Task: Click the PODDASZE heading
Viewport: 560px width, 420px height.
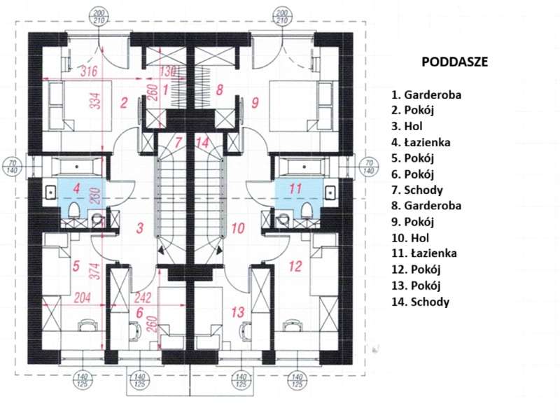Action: pyautogui.click(x=454, y=62)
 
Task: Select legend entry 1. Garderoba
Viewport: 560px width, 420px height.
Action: pyautogui.click(x=426, y=93)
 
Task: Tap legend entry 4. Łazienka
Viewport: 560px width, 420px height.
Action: pyautogui.click(x=421, y=142)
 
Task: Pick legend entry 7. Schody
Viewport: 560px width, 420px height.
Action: pyautogui.click(x=417, y=190)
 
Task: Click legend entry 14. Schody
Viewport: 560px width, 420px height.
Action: pyautogui.click(x=420, y=302)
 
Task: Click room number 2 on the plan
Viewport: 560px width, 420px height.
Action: pyautogui.click(x=124, y=104)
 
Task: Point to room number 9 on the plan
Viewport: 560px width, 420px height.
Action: pyautogui.click(x=255, y=104)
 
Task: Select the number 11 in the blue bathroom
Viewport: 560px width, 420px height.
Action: pyautogui.click(x=295, y=188)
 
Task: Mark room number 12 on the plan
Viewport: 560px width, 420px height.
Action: pyautogui.click(x=295, y=266)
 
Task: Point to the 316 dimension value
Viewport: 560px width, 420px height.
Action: pyautogui.click(x=89, y=71)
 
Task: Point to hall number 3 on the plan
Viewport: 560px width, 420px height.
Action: pyautogui.click(x=140, y=227)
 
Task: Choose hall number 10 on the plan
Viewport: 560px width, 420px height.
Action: pyautogui.click(x=238, y=227)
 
